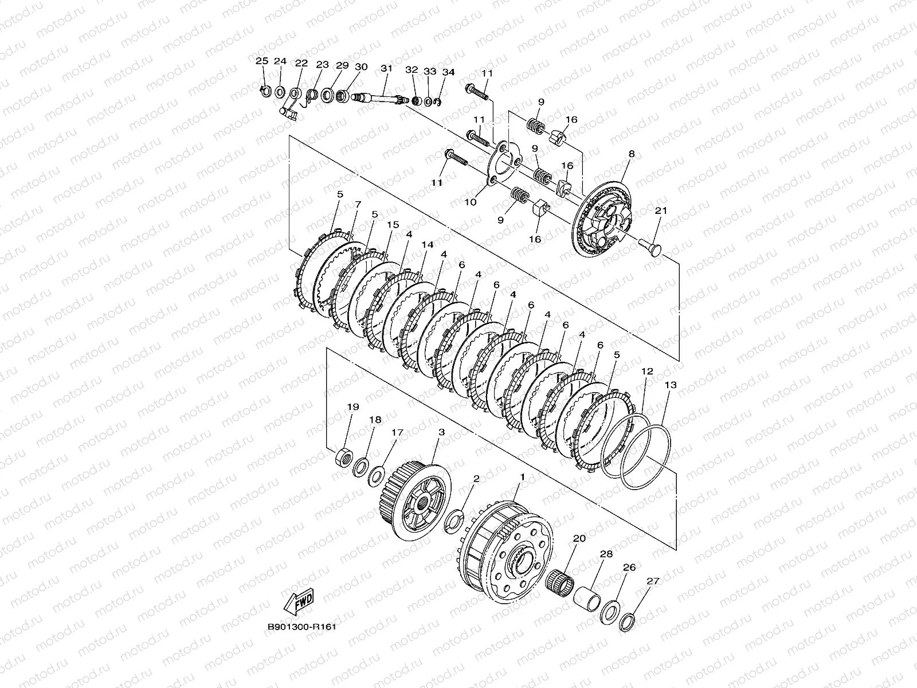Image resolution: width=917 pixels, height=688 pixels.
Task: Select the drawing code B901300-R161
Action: pyautogui.click(x=301, y=627)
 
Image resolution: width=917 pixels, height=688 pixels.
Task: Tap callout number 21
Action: pyautogui.click(x=661, y=210)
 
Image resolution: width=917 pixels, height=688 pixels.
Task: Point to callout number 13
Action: pyautogui.click(x=670, y=385)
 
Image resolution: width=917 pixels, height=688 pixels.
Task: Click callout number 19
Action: pyautogui.click(x=353, y=406)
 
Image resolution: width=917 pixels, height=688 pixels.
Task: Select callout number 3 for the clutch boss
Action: pyautogui.click(x=441, y=432)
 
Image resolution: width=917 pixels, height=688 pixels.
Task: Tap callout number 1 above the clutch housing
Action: pyautogui.click(x=522, y=476)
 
